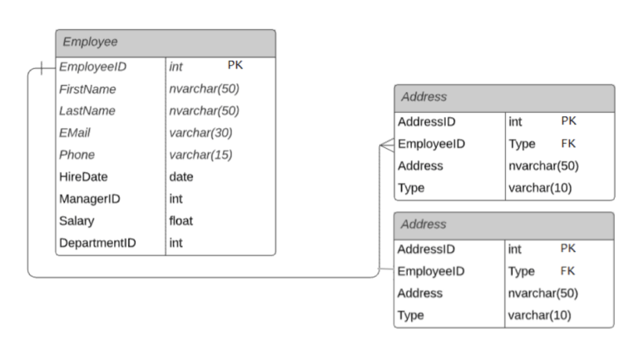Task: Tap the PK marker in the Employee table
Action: coord(235,65)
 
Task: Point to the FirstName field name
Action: coord(87,89)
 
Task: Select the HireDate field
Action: coord(83,176)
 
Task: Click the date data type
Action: coord(181,176)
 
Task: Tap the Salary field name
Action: coord(77,221)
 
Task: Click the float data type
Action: coord(181,221)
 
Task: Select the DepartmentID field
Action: coord(97,244)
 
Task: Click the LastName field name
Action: coord(87,111)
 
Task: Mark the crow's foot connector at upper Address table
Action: coord(386,144)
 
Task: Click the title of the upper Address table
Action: coord(424,97)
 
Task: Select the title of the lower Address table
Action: coord(424,224)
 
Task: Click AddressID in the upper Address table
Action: coord(426,121)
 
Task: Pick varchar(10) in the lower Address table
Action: coord(539,315)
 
